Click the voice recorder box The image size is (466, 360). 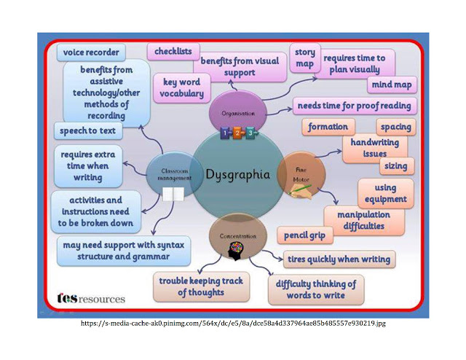tap(90, 52)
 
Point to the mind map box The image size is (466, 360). tap(392, 85)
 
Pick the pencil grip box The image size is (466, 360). tap(306, 235)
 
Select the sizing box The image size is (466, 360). tap(397, 166)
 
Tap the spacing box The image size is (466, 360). tap(396, 127)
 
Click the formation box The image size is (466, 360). tap(328, 127)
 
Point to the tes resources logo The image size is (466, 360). tap(90, 298)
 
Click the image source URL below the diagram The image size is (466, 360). tap(232, 323)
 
